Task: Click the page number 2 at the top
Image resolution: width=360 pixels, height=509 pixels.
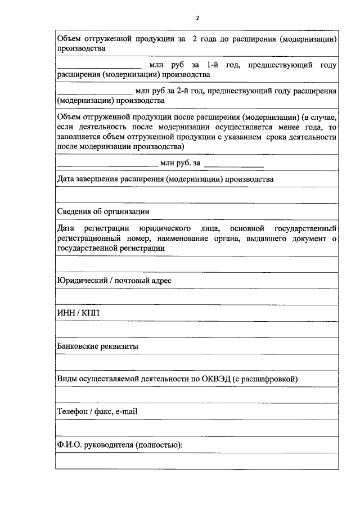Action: click(197, 18)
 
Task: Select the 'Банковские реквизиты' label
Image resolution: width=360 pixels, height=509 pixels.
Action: click(98, 346)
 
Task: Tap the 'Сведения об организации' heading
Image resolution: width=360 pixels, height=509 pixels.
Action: click(103, 211)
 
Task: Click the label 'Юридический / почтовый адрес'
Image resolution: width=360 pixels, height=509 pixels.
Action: click(114, 280)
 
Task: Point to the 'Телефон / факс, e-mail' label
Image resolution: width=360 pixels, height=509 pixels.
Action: click(97, 412)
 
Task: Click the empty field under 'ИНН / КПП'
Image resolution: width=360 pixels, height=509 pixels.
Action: click(197, 330)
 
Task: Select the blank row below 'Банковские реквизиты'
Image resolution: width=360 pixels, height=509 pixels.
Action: click(197, 362)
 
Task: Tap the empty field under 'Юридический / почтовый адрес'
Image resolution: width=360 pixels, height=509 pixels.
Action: click(197, 296)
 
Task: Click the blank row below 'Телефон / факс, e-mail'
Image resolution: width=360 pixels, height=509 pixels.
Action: click(197, 428)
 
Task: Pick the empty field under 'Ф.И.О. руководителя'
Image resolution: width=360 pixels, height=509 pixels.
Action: click(197, 461)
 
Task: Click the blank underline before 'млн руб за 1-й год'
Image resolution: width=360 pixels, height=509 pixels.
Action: click(95, 69)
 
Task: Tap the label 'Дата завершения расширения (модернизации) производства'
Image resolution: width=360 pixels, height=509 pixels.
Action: click(166, 179)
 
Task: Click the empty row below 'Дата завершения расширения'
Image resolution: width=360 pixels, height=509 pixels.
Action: click(197, 195)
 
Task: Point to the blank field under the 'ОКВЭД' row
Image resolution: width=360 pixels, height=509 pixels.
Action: click(197, 395)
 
